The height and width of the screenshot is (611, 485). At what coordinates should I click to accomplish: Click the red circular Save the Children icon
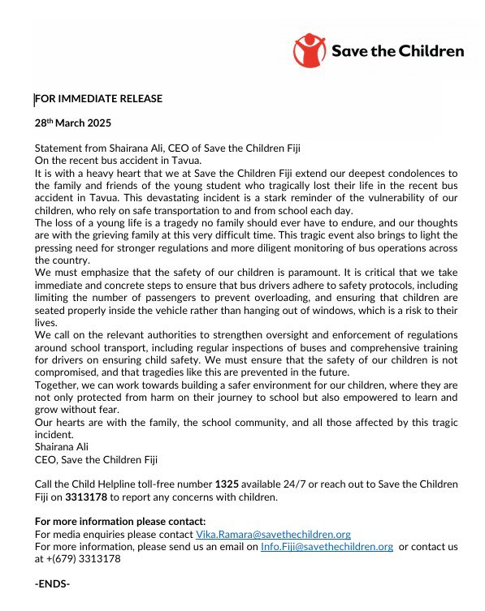(310, 49)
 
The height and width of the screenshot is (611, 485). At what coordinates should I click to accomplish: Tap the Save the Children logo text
(397, 50)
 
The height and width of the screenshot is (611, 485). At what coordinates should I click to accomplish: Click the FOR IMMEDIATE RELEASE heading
(98, 99)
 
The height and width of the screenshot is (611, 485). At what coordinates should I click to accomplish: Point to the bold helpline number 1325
(226, 484)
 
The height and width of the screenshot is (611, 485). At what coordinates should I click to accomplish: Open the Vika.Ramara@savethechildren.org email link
(273, 534)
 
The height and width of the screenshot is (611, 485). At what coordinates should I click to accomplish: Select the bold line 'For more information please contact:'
(120, 521)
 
